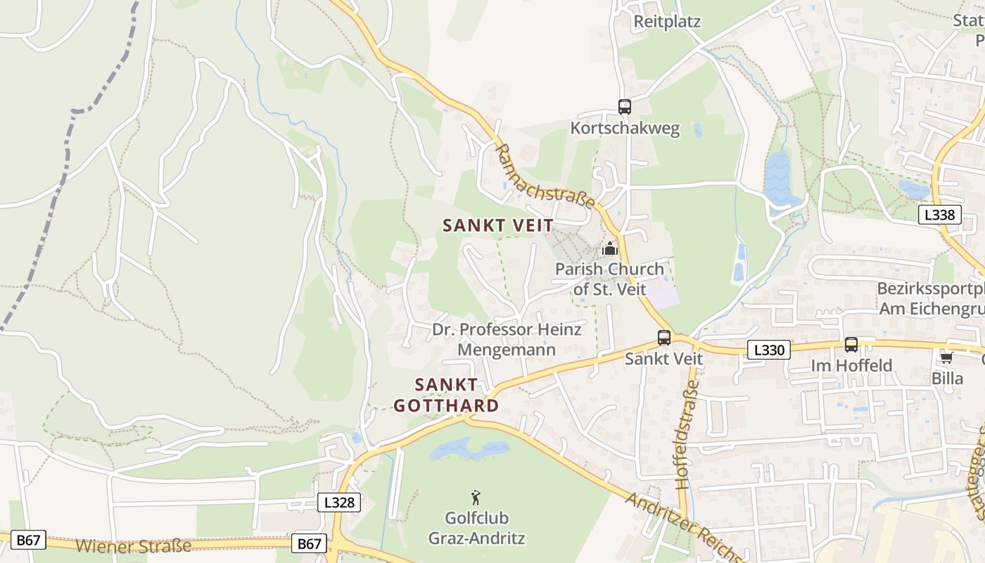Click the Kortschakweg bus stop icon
pos(624,107)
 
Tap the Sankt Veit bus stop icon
pos(664,338)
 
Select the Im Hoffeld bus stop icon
pos(851,345)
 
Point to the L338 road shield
pos(939,215)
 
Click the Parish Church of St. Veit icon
pos(609,248)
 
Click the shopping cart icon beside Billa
pos(946,358)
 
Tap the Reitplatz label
pos(667,21)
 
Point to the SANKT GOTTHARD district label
pos(446,395)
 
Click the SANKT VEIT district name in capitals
pos(497,225)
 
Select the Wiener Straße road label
pos(133,545)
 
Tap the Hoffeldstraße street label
pos(687,434)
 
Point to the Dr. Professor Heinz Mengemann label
pos(507,339)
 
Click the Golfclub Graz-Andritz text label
pos(476,529)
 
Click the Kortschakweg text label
pos(625,128)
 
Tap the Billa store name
pos(947,379)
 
